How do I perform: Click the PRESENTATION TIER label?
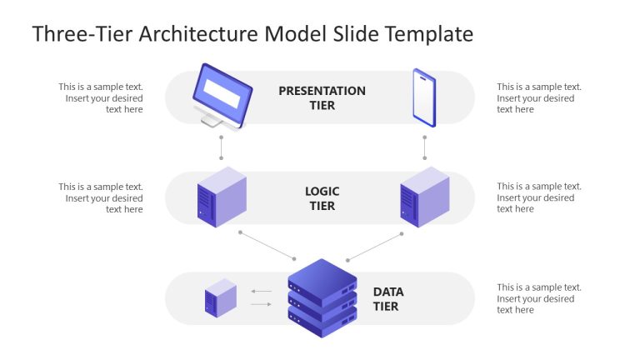coord(322,97)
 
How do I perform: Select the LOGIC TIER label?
coord(322,198)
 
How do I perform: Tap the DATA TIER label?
coord(387,298)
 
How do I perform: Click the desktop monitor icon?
coord(221,95)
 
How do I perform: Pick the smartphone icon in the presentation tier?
coord(424,97)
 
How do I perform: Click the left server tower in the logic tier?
coord(222,197)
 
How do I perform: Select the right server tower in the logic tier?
coord(424,197)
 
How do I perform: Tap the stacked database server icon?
coord(322,297)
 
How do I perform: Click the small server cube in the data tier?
coord(221,297)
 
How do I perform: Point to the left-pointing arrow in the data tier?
coord(262,292)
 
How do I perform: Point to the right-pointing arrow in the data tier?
coord(262,304)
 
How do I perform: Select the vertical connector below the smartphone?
coord(424,147)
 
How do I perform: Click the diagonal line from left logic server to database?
coord(267,246)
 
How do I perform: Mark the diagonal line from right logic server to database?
coord(375,246)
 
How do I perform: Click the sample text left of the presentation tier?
coord(101,97)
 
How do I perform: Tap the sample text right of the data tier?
coord(539,298)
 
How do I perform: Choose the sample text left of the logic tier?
coord(101,197)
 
